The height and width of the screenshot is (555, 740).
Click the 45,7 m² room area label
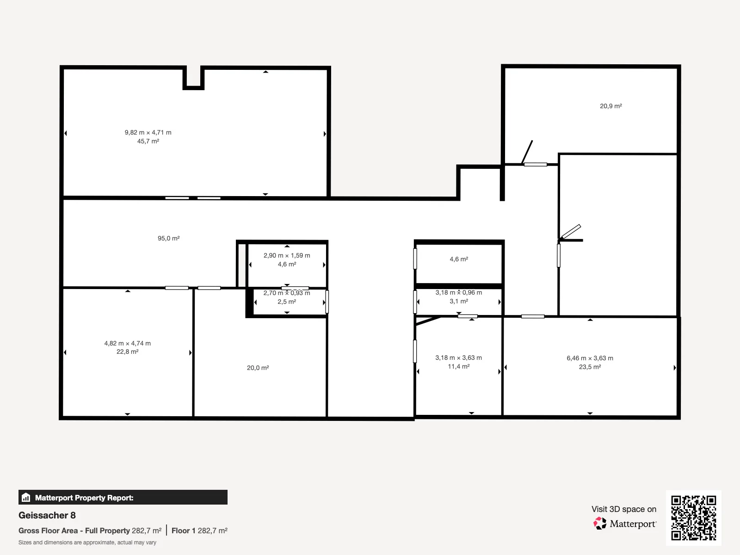pyautogui.click(x=148, y=141)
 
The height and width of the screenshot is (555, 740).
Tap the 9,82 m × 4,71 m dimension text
pyautogui.click(x=148, y=132)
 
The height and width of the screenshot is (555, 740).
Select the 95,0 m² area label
pyautogui.click(x=168, y=238)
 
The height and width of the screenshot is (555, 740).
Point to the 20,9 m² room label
pyautogui.click(x=611, y=106)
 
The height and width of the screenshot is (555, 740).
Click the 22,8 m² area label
pyautogui.click(x=128, y=351)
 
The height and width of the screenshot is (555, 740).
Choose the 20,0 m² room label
pyautogui.click(x=258, y=368)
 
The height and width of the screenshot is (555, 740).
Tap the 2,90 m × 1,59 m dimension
pyautogui.click(x=287, y=255)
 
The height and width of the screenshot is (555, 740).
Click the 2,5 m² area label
pyautogui.click(x=287, y=302)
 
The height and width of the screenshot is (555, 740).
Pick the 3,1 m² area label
pyautogui.click(x=459, y=301)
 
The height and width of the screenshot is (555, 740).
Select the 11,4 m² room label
pyautogui.click(x=459, y=366)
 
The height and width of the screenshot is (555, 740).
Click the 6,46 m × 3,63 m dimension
pyautogui.click(x=590, y=358)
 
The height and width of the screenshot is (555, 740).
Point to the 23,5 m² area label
pyautogui.click(x=590, y=367)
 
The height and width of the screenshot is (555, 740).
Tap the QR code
pyautogui.click(x=693, y=518)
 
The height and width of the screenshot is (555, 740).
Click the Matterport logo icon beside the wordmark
pyautogui.click(x=600, y=524)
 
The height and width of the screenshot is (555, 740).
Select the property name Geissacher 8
pyautogui.click(x=47, y=515)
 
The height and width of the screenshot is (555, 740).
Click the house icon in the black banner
pyautogui.click(x=26, y=497)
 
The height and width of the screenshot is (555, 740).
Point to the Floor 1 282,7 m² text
pyautogui.click(x=200, y=531)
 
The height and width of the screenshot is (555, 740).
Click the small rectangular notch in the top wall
pyautogui.click(x=193, y=78)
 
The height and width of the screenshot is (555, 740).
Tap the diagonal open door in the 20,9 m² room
pyautogui.click(x=527, y=152)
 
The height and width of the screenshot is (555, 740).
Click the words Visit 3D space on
pyautogui.click(x=624, y=509)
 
